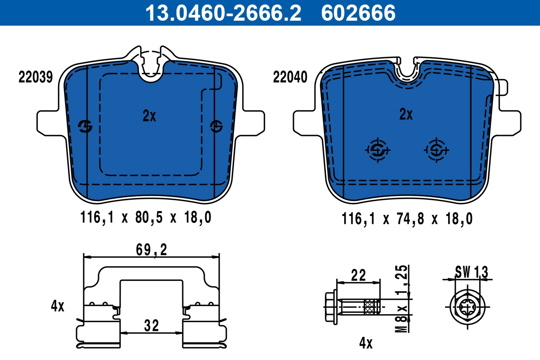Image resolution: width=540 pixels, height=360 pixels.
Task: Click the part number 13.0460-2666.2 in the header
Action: (222, 13)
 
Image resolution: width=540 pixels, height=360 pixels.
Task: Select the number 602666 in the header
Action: (358, 13)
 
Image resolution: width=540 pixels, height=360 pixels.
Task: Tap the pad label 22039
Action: (36, 77)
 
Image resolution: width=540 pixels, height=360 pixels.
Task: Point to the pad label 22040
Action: (290, 77)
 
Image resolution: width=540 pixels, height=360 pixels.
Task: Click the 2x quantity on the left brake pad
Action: (149, 117)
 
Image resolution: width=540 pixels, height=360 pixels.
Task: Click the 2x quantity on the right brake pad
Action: (406, 115)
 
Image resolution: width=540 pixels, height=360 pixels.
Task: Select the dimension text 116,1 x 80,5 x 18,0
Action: (145, 218)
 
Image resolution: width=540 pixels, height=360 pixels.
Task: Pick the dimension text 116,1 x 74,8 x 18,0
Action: (406, 219)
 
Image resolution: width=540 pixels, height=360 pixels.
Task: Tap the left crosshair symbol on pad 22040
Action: (377, 149)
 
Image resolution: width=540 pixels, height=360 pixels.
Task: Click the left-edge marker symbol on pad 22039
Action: (85, 127)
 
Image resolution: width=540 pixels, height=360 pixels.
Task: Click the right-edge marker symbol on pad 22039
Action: (217, 126)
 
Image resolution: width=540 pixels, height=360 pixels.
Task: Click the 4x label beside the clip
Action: (58, 307)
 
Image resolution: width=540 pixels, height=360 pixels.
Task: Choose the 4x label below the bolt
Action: (366, 343)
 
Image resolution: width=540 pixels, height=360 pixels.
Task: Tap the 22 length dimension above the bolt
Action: (359, 274)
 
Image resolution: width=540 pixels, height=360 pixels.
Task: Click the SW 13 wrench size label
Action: (471, 272)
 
